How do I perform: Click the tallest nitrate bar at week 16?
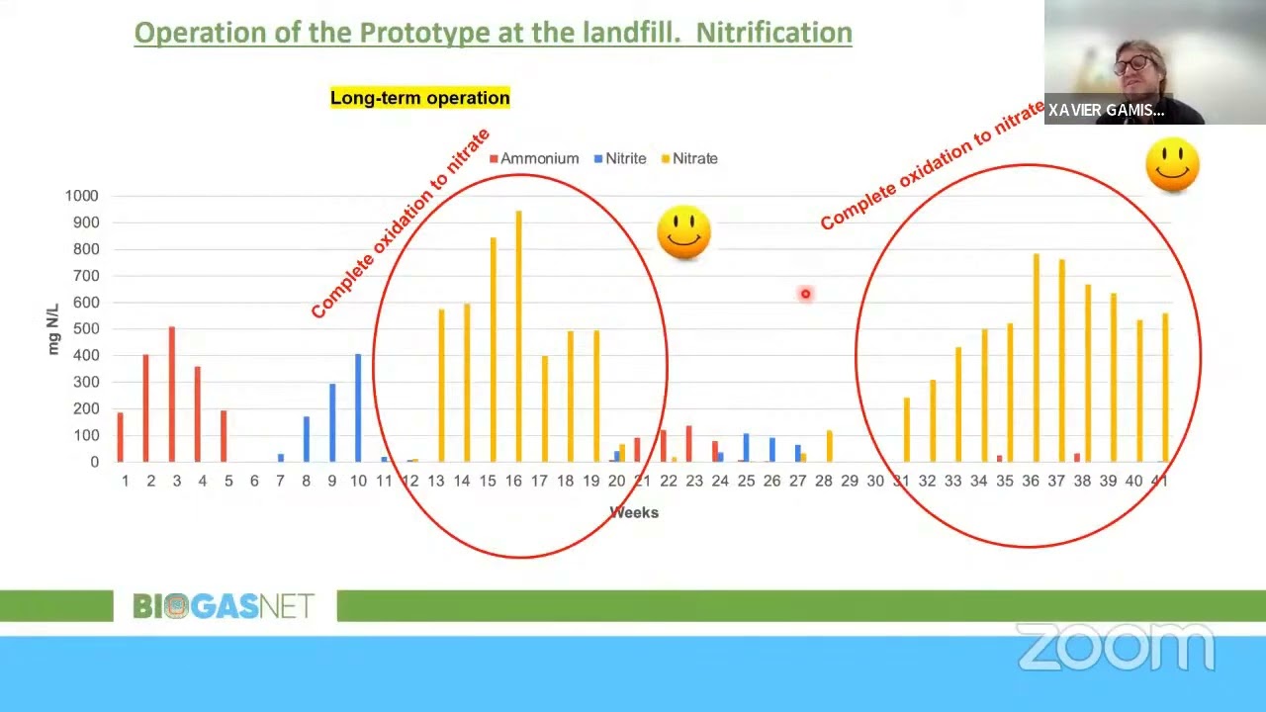[x=518, y=336]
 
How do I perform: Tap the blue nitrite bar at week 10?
[x=358, y=407]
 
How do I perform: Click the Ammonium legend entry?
[x=534, y=158]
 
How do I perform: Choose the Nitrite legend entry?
[x=620, y=158]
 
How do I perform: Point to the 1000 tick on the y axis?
[x=81, y=196]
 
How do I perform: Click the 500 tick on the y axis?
[x=85, y=329]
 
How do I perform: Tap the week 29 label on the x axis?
[x=850, y=481]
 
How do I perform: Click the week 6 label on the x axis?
[x=254, y=481]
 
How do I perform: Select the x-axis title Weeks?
[x=634, y=512]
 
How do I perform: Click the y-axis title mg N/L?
[x=52, y=330]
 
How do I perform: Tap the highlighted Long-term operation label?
[x=420, y=98]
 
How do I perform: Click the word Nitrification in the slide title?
[x=773, y=33]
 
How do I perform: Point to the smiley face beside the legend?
[x=683, y=232]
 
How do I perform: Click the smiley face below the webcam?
[x=1172, y=165]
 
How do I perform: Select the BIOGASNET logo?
[x=224, y=606]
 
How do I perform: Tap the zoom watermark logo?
[x=1116, y=648]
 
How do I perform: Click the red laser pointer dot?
[x=805, y=294]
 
